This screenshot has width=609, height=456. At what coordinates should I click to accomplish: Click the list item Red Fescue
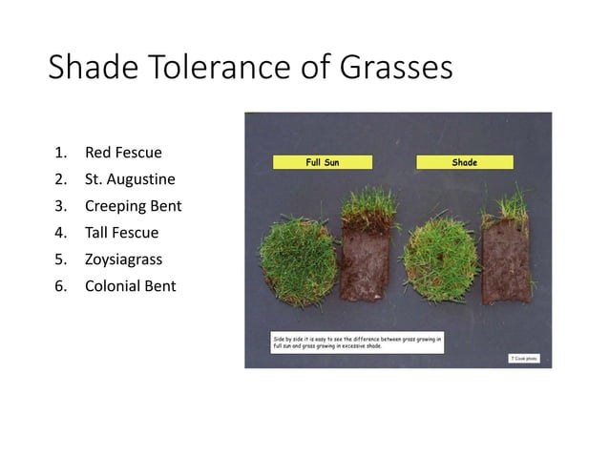click(123, 152)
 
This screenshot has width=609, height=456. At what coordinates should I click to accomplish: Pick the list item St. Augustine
click(130, 178)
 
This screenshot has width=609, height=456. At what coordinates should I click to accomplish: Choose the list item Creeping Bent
click(133, 205)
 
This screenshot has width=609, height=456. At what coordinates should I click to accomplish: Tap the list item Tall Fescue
click(121, 232)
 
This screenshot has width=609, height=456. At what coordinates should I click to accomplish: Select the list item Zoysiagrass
click(123, 259)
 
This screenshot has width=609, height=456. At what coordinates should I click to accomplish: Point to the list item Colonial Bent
click(130, 285)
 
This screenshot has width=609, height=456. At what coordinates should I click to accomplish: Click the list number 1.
click(60, 152)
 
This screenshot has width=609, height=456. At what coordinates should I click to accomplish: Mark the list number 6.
click(60, 285)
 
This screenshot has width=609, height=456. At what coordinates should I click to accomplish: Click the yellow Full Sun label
click(322, 162)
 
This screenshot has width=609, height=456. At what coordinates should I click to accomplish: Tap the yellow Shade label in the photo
click(465, 162)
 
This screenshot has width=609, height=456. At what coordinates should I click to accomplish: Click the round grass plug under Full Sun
click(297, 259)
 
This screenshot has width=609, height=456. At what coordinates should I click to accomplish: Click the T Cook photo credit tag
click(523, 358)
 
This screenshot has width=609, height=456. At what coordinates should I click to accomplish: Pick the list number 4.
click(60, 232)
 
